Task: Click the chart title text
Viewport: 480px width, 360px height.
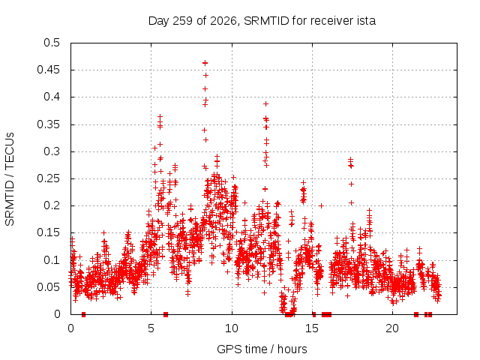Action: tap(262, 21)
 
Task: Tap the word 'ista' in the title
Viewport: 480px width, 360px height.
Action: tap(366, 21)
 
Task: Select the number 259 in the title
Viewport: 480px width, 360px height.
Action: tap(182, 21)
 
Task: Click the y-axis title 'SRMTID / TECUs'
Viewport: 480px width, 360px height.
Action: tap(10, 179)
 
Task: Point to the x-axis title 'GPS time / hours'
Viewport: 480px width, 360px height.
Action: tap(262, 349)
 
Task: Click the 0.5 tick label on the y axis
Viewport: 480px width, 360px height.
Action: tap(52, 43)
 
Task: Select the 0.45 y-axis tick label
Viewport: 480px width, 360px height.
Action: tap(48, 70)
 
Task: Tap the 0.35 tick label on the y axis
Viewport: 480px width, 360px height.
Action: tap(48, 124)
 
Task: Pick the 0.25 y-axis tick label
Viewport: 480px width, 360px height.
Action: tap(48, 178)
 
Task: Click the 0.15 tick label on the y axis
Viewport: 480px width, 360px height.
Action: tap(48, 232)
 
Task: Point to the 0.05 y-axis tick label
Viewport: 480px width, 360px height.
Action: tap(48, 287)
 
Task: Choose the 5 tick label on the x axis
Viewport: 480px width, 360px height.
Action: tap(151, 328)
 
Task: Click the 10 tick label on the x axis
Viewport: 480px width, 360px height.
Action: tap(232, 328)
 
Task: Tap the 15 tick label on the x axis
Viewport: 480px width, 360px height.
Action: tap(312, 328)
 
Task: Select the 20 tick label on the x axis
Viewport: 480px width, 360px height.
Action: tap(392, 328)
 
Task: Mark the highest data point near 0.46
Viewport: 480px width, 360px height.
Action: tap(205, 63)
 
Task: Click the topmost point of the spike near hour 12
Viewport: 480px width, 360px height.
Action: tap(265, 104)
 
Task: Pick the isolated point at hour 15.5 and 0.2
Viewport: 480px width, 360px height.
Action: tap(321, 205)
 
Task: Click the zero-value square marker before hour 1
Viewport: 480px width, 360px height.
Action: tap(83, 314)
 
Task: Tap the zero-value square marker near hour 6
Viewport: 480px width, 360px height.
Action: tap(166, 314)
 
